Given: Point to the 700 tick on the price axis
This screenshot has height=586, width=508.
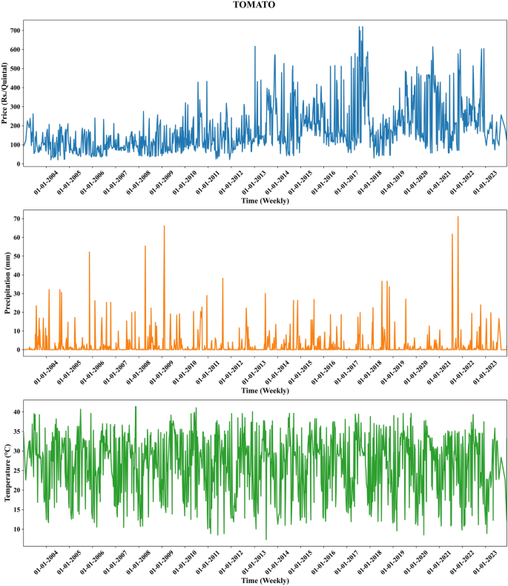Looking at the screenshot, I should click(14, 30).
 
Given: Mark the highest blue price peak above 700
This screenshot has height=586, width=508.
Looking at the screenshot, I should click(360, 27).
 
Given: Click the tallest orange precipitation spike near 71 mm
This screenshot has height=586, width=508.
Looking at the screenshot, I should click(458, 217).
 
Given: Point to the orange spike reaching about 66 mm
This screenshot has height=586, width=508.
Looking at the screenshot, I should click(164, 226).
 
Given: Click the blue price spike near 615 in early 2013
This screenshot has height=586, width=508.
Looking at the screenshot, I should click(254, 46).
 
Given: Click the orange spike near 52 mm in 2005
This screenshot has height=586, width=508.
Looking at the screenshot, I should click(89, 252).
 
